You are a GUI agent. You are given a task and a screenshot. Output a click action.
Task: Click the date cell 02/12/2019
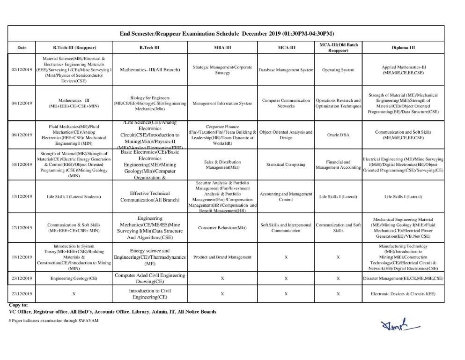click(x=22, y=70)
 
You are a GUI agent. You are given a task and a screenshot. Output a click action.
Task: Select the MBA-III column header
click(x=222, y=47)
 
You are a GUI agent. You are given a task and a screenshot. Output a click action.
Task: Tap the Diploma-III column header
click(x=403, y=47)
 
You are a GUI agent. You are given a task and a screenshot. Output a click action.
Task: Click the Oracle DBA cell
click(x=338, y=135)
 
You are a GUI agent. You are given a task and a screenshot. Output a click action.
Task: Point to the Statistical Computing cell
click(x=286, y=165)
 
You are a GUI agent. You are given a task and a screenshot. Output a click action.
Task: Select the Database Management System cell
click(x=286, y=70)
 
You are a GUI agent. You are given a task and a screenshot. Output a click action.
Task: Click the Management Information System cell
click(x=222, y=104)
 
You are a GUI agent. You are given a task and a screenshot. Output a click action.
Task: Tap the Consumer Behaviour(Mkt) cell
click(x=222, y=228)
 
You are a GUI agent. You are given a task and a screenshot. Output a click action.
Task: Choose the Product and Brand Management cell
click(x=222, y=257)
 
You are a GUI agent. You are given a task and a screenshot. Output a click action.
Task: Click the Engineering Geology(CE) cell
click(x=74, y=278)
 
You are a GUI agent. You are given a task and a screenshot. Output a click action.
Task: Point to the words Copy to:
click(x=19, y=305)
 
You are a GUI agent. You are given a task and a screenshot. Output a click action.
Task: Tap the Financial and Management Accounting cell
click(x=338, y=165)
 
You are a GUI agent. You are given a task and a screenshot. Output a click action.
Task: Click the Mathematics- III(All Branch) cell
click(x=150, y=70)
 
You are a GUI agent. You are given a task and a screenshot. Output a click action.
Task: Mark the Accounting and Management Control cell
click(x=286, y=196)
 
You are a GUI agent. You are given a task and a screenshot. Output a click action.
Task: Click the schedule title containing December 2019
click(x=227, y=34)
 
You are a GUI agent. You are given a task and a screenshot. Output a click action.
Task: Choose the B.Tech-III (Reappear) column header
click(x=74, y=47)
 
